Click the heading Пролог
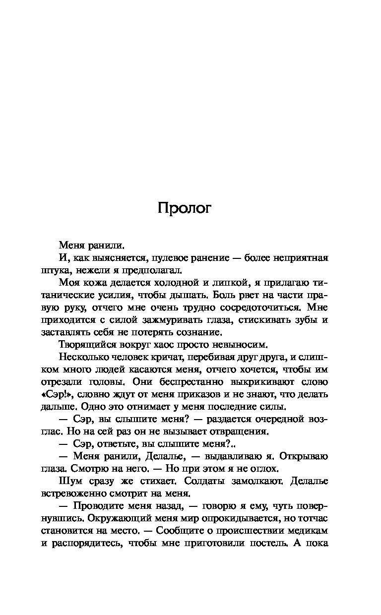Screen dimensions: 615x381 [x=185, y=208]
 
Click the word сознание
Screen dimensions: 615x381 [x=198, y=333]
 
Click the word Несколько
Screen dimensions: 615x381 [x=81, y=358]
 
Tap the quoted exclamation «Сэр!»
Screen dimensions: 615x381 [x=54, y=395]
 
